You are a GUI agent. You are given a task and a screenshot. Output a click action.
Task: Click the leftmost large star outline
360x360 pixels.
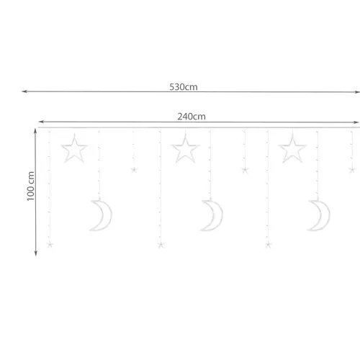(x=73, y=150)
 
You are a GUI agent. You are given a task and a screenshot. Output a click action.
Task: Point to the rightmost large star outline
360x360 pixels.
(x=292, y=150)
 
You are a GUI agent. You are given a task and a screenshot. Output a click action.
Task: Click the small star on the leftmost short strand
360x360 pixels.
(x=134, y=170)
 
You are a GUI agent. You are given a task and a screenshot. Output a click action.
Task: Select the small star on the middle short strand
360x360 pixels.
(x=245, y=171)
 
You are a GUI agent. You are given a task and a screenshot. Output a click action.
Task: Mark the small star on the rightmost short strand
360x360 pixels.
(x=352, y=170)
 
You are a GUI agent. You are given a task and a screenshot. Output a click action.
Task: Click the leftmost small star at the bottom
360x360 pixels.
(x=50, y=245)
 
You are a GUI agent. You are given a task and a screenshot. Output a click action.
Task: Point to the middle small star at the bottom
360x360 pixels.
(x=161, y=245)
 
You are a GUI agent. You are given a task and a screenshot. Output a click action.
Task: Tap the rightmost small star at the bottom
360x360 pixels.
(x=268, y=245)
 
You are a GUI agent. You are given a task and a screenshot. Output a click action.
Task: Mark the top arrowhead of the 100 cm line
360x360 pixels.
(x=36, y=130)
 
